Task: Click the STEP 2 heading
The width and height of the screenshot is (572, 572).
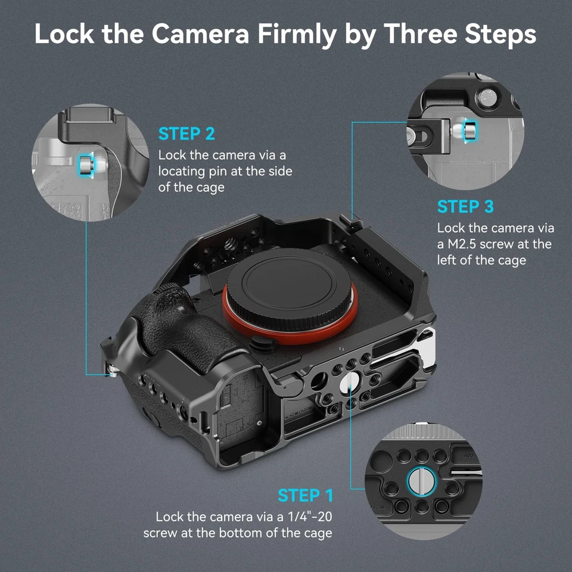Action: [x=186, y=133]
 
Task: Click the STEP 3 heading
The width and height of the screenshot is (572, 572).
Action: [x=465, y=207]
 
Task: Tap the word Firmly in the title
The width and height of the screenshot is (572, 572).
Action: [x=294, y=35]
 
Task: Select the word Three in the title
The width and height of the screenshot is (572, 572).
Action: [x=421, y=35]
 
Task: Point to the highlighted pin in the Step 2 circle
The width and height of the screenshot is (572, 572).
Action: [x=85, y=164]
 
